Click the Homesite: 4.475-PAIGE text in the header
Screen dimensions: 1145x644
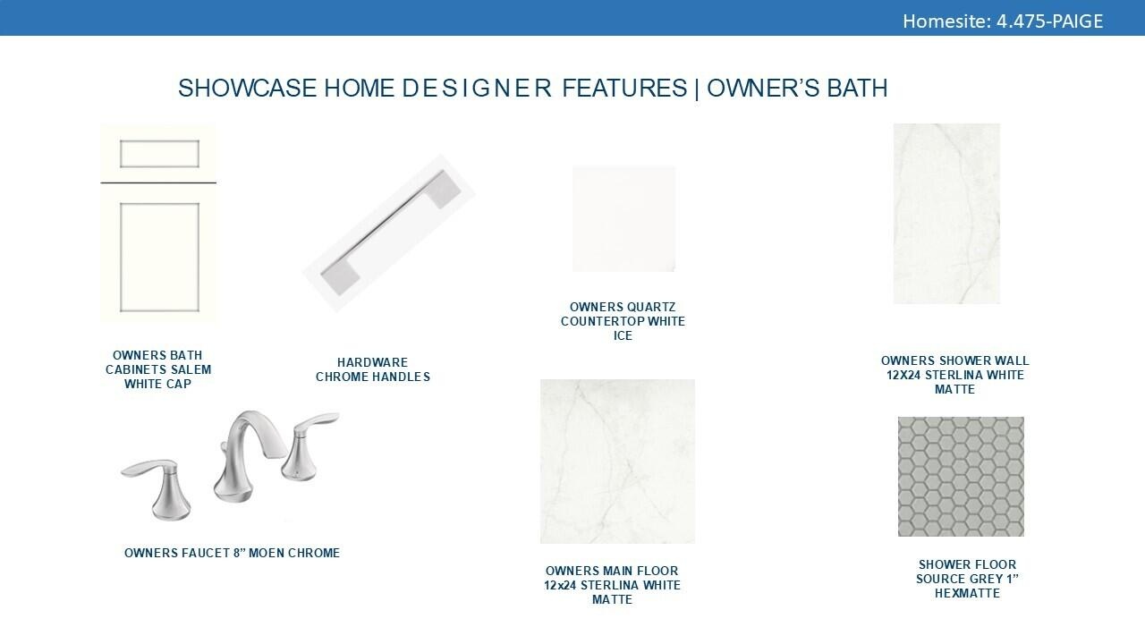pyautogui.click(x=1003, y=21)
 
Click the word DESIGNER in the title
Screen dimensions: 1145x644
pyautogui.click(x=477, y=88)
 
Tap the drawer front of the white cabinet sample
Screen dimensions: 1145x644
pyautogui.click(x=158, y=153)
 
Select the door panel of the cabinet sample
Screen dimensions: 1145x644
pyautogui.click(x=158, y=257)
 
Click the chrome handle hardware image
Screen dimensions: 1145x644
pyautogui.click(x=389, y=233)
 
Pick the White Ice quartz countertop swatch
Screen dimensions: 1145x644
pyautogui.click(x=623, y=219)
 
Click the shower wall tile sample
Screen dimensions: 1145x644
pyautogui.click(x=946, y=214)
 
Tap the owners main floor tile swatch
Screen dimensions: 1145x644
pyautogui.click(x=617, y=461)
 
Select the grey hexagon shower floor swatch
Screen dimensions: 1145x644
pyautogui.click(x=961, y=477)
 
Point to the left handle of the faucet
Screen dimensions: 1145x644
pyautogui.click(x=159, y=486)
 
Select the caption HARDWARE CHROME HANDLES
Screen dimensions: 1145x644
pyautogui.click(x=373, y=369)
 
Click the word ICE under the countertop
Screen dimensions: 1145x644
pyautogui.click(x=623, y=335)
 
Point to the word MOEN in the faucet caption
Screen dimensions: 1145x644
pyautogui.click(x=266, y=553)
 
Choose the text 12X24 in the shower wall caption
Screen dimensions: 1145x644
pyautogui.click(x=903, y=375)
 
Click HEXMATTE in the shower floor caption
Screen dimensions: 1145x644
pyautogui.click(x=967, y=593)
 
